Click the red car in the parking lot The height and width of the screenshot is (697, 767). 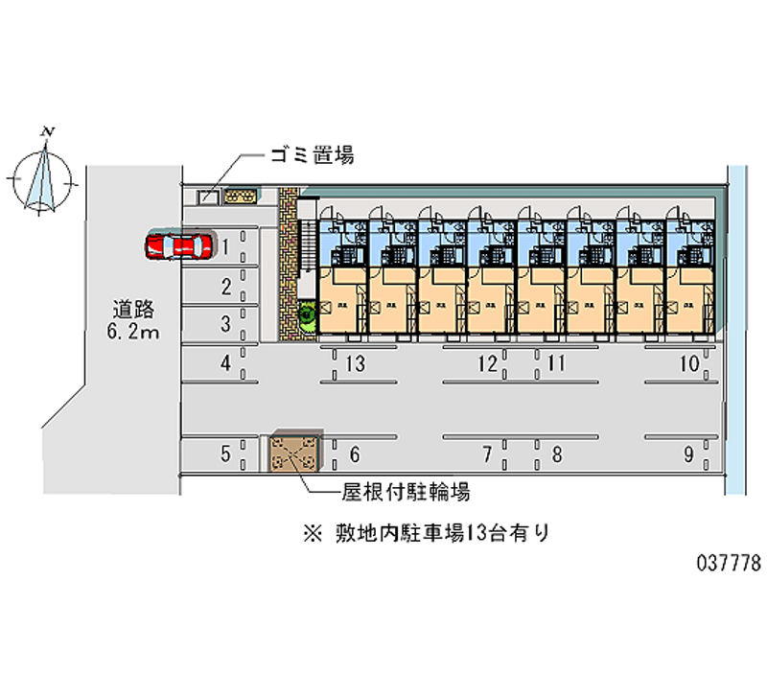coord(178,247)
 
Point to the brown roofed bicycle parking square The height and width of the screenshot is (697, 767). coord(293,453)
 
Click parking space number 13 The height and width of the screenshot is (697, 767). coord(356,363)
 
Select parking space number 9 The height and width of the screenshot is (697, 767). coord(687,455)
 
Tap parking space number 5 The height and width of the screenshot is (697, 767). coord(225,454)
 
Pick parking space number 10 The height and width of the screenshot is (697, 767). coord(688,363)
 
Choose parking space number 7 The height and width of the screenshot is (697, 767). coord(487,454)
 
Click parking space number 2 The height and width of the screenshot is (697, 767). coord(225,286)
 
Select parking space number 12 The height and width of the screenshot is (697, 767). coord(487,363)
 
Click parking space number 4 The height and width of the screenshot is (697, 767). coord(225,363)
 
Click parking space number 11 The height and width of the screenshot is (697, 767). coord(555,363)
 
